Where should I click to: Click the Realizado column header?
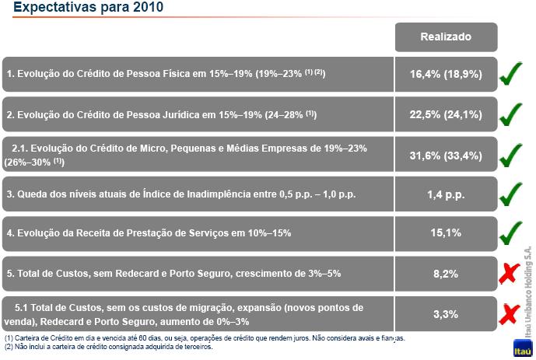point(446,37)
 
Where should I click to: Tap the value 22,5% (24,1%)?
point(446,114)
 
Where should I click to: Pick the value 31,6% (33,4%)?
point(446,155)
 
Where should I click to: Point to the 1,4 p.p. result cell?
point(446,194)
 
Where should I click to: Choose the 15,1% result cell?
point(446,232)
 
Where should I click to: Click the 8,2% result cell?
point(446,273)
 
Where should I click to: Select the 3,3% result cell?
point(446,313)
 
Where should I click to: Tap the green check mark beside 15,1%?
point(514,232)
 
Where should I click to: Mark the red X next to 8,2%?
point(510,273)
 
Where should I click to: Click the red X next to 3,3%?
point(510,313)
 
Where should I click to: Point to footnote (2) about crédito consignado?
point(109,347)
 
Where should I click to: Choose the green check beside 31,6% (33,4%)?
point(514,155)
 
